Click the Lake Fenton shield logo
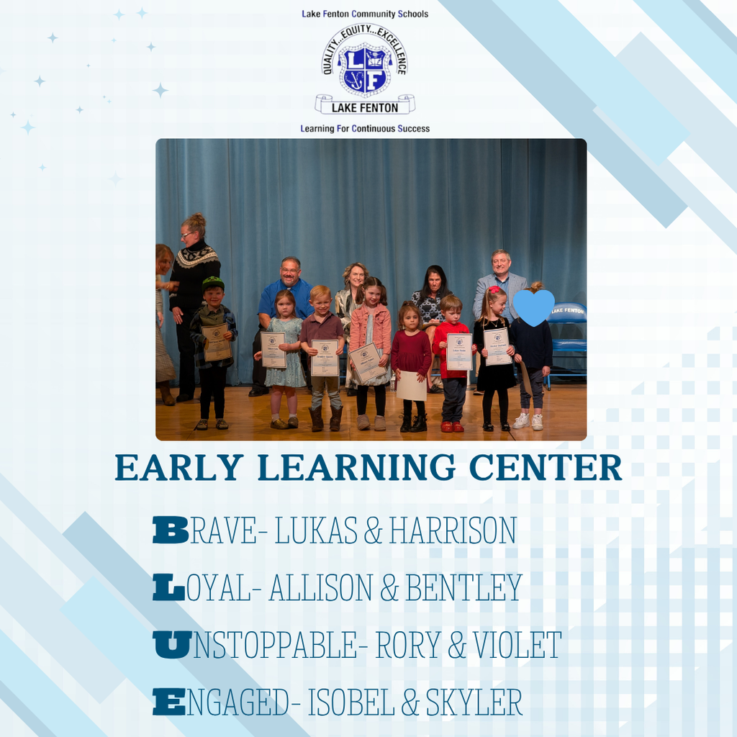click(364, 69)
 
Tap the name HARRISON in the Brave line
click(453, 531)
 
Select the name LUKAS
click(316, 531)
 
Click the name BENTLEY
click(464, 588)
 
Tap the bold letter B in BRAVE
click(171, 531)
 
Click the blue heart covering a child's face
click(533, 308)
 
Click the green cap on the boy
click(213, 282)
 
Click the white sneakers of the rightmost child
click(528, 421)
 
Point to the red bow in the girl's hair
click(494, 291)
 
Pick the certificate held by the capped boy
click(216, 342)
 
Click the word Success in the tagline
click(407, 129)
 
